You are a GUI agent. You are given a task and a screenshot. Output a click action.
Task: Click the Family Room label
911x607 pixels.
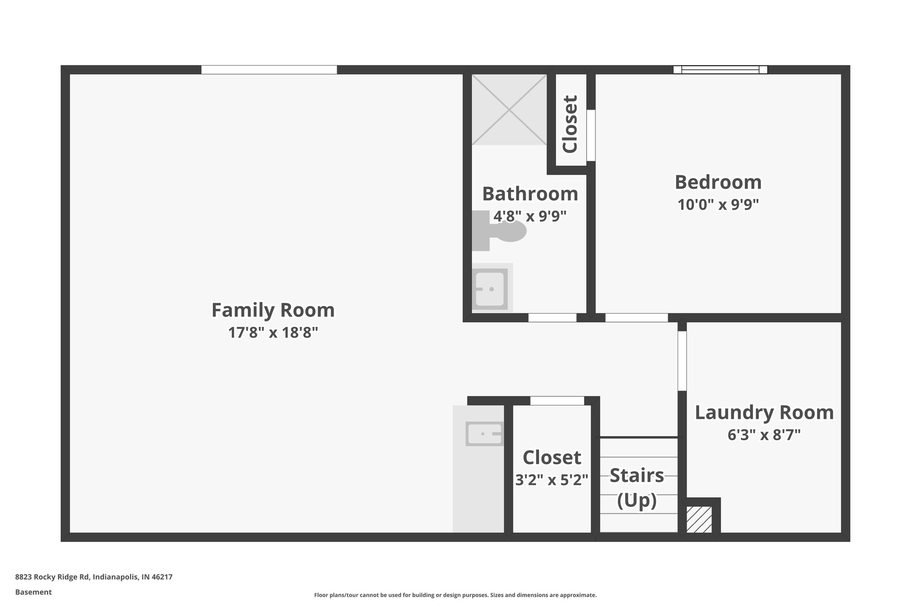point(273,310)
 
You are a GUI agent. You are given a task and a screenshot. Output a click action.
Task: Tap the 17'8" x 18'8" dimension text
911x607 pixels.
point(273,332)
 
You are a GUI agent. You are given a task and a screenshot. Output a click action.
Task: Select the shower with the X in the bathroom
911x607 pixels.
point(509,109)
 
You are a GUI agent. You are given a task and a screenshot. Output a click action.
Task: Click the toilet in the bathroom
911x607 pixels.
point(498,231)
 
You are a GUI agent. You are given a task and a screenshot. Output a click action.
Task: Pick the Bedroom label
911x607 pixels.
point(718,182)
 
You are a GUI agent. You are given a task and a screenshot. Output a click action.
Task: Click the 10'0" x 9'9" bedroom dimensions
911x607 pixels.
point(718,205)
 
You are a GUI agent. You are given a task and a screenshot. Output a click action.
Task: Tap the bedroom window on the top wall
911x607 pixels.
point(720,69)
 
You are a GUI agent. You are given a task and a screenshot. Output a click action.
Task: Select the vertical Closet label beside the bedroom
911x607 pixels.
point(570,124)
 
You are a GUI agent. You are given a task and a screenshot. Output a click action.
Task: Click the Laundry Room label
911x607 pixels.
point(764,412)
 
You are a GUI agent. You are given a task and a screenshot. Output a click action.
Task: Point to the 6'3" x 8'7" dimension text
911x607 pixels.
point(764,434)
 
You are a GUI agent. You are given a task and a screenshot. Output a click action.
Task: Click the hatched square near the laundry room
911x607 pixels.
point(699,519)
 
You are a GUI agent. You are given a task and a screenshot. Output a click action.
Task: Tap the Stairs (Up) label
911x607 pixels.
point(637,487)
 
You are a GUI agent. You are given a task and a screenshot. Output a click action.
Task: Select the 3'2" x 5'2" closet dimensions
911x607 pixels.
point(552,480)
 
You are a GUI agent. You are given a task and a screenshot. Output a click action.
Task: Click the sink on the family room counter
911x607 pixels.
point(484,434)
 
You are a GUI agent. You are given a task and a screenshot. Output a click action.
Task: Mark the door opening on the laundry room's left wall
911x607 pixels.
point(682,361)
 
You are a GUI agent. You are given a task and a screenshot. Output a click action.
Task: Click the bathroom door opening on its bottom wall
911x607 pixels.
point(552,318)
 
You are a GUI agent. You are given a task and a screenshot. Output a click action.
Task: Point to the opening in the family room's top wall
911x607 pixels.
point(269,70)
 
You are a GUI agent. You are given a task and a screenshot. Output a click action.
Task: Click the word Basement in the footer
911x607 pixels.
point(33,592)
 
